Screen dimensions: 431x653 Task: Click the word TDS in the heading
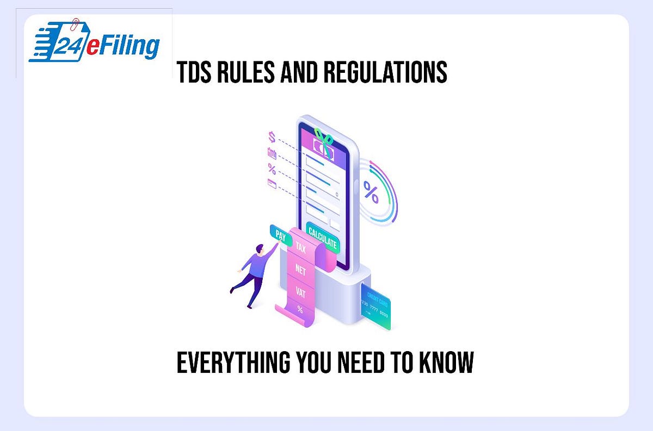click(x=195, y=72)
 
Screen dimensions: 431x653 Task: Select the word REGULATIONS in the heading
click(x=385, y=72)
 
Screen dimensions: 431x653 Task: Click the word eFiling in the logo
click(x=122, y=46)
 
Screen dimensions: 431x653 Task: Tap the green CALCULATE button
click(x=322, y=237)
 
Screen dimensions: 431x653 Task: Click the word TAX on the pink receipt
click(x=300, y=247)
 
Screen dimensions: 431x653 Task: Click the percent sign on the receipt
click(x=300, y=309)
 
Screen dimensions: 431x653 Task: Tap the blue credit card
click(x=375, y=308)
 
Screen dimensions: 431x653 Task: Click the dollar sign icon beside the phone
click(x=272, y=136)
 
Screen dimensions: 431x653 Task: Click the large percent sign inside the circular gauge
click(x=371, y=192)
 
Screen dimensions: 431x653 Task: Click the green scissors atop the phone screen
click(x=324, y=139)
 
